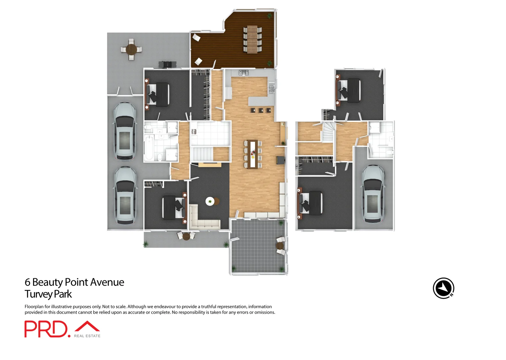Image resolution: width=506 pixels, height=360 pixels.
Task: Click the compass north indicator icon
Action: pyautogui.click(x=443, y=288)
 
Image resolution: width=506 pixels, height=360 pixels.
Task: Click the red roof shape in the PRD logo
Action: pyautogui.click(x=87, y=326)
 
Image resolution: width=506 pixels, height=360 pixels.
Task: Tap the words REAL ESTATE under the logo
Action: pyautogui.click(x=87, y=336)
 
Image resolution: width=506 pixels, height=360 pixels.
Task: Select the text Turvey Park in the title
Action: pyautogui.click(x=48, y=294)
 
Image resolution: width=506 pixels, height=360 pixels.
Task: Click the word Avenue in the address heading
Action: pyautogui.click(x=107, y=282)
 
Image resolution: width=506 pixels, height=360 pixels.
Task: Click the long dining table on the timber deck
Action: pyautogui.click(x=252, y=39)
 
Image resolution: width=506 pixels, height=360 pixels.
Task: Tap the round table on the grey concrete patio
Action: pyautogui.click(x=131, y=50)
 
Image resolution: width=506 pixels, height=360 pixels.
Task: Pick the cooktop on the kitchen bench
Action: pyautogui.click(x=244, y=72)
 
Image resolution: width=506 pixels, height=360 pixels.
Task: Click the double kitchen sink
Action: pyautogui.click(x=271, y=89)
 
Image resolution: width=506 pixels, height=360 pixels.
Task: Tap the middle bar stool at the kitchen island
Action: pyautogui.click(x=261, y=110)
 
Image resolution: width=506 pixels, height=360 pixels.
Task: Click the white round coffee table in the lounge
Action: pyautogui.click(x=210, y=201)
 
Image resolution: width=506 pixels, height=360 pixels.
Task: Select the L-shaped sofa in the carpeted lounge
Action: pyautogui.click(x=200, y=220)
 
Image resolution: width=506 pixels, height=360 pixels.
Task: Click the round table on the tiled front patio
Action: pyautogui.click(x=280, y=246)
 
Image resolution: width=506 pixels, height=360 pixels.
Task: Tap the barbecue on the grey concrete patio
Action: pyautogui.click(x=167, y=64)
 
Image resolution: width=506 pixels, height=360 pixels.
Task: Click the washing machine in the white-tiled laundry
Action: pyautogui.click(x=194, y=132)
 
